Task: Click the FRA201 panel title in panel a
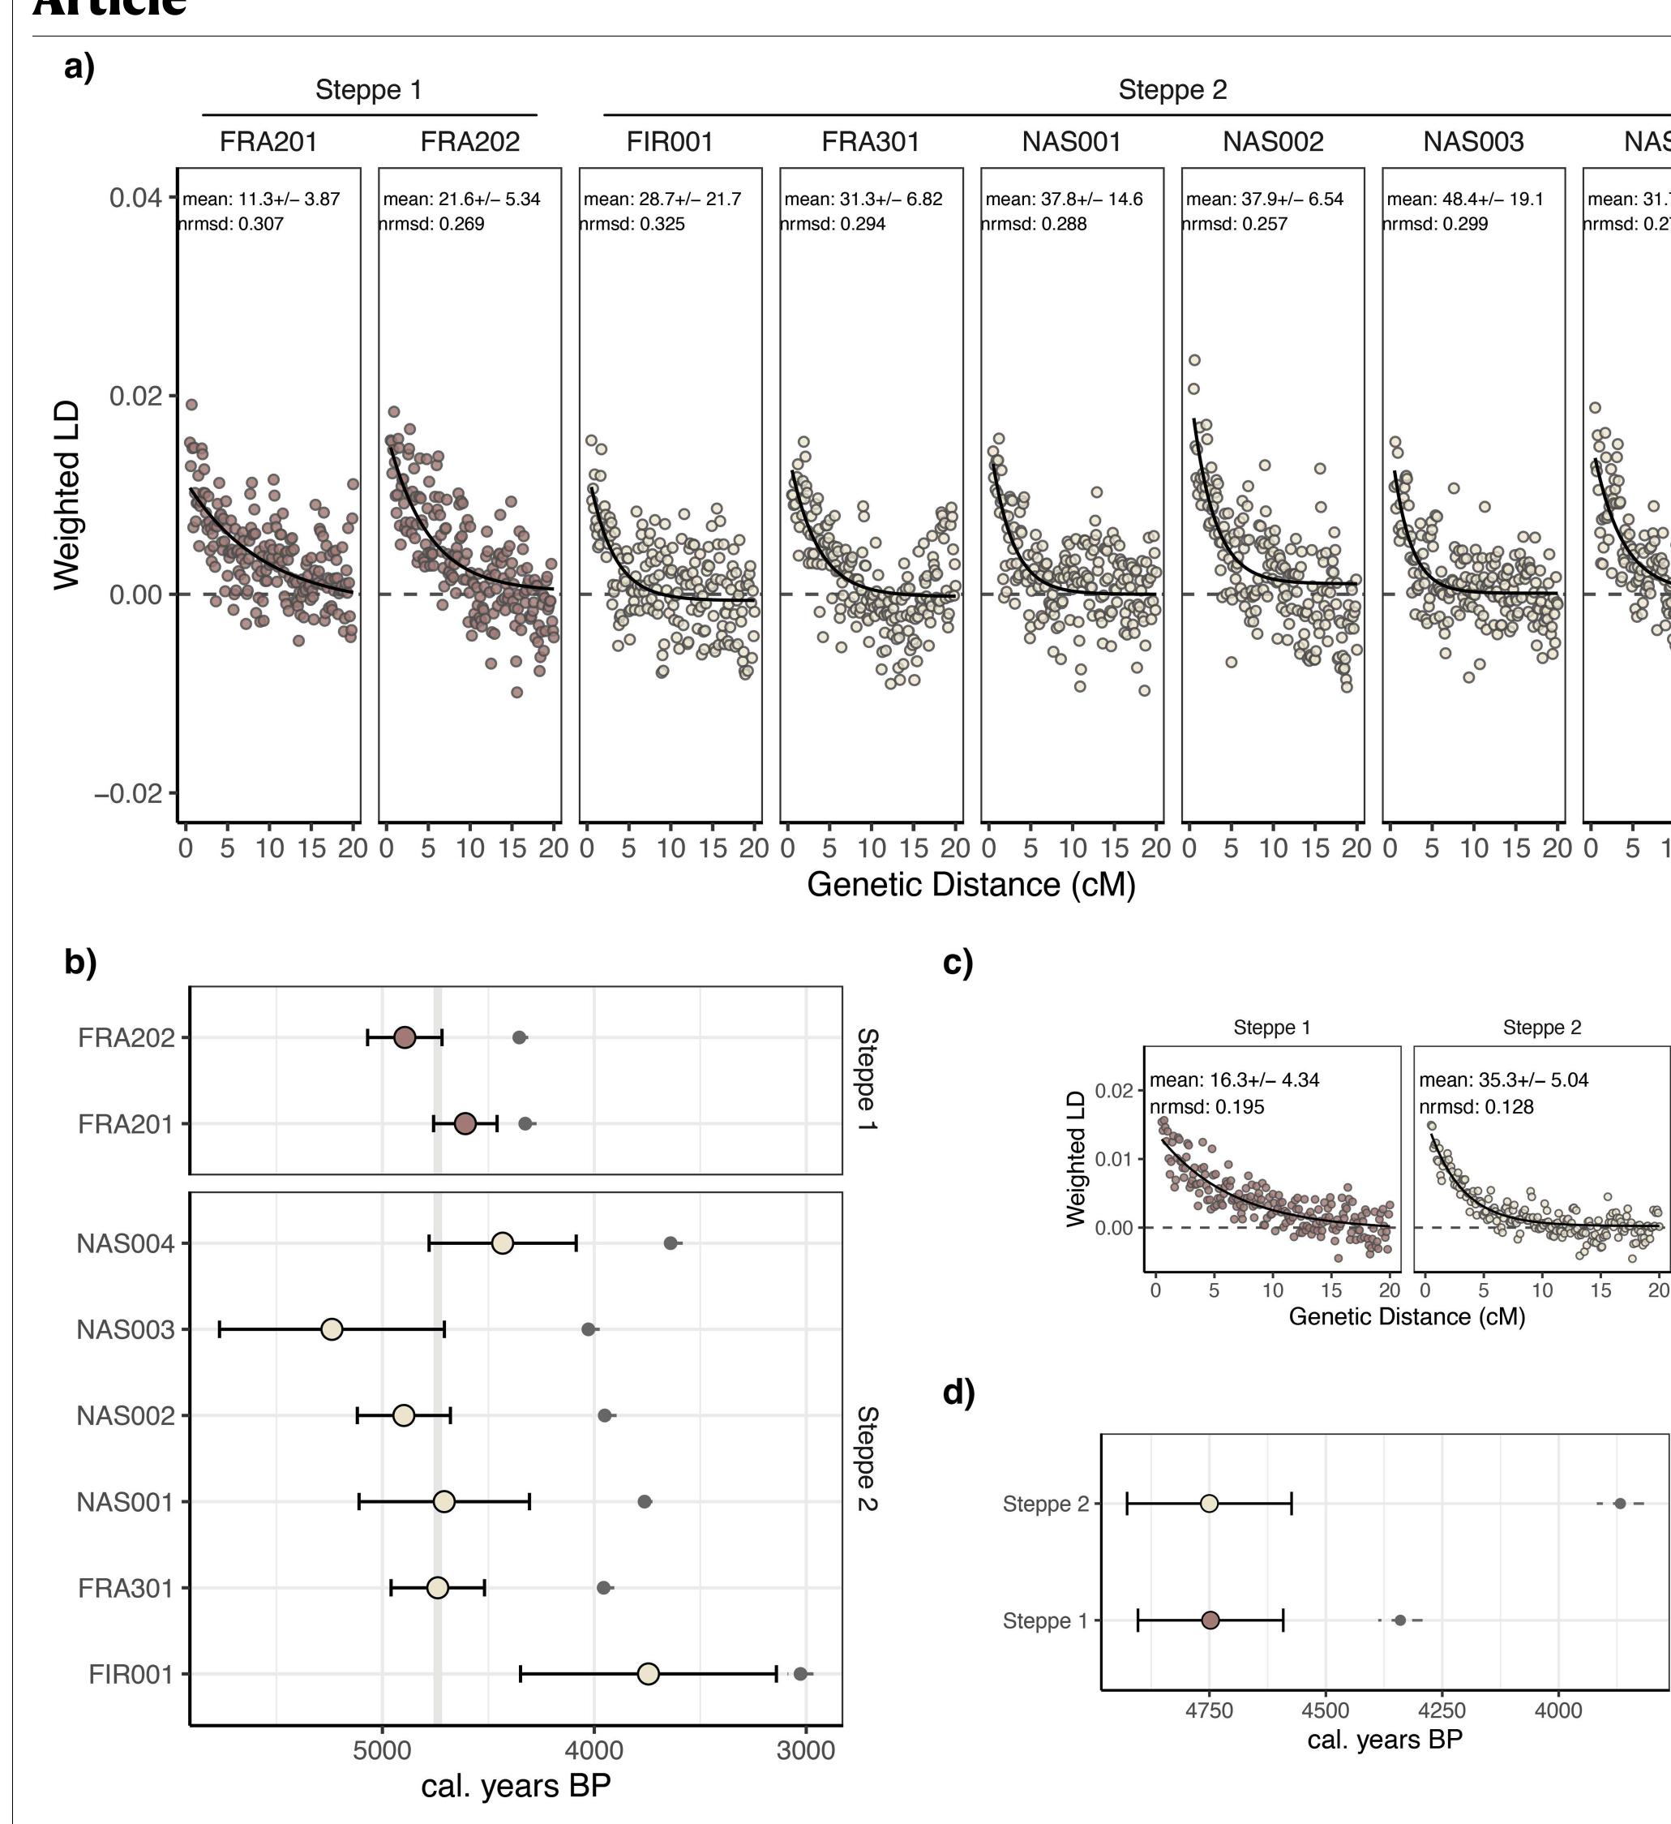268,142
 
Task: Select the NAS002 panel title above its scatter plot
1272,142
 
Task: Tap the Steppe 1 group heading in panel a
368,89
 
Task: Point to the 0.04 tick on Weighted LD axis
135,198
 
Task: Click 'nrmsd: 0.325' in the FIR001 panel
632,224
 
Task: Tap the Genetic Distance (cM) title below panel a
970,884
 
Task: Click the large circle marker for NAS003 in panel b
332,1329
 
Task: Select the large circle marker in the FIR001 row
648,1674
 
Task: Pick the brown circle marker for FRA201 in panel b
465,1124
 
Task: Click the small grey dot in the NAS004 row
671,1243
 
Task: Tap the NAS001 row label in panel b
125,1502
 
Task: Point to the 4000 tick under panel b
593,1750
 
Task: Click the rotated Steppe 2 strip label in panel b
867,1457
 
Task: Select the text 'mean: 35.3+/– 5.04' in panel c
1504,1079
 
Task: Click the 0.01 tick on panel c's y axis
1114,1159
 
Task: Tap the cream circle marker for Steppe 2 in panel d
1209,1504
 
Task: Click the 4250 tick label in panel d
1442,1711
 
